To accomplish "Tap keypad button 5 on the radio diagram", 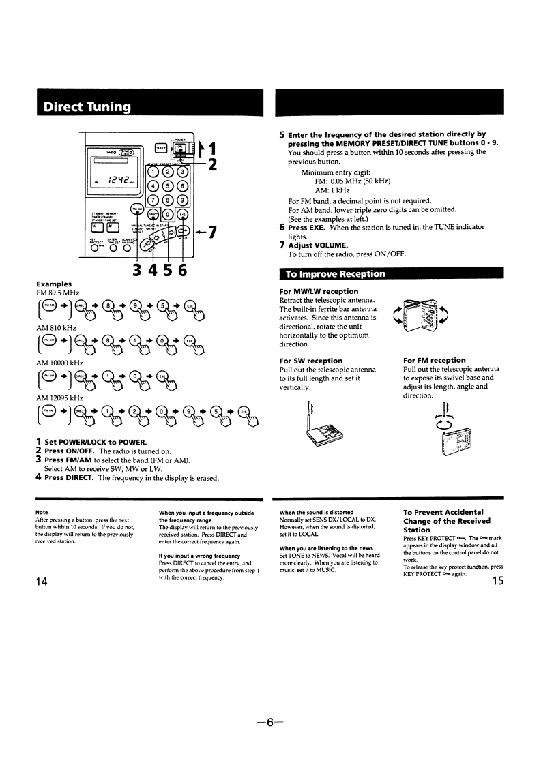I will [x=167, y=185].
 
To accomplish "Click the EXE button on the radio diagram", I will [x=182, y=215].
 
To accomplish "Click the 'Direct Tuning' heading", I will [x=87, y=106].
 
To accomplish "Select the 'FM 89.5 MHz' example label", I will [x=59, y=292].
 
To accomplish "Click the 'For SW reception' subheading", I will [x=311, y=360].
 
